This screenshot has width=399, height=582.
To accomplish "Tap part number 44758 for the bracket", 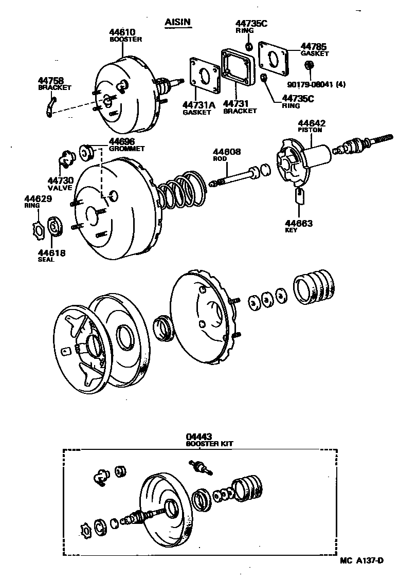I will (51, 81).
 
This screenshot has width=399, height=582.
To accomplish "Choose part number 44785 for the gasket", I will (314, 46).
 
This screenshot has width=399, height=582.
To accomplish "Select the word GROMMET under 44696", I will (126, 149).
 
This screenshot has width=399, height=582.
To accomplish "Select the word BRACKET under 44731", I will (240, 111).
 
